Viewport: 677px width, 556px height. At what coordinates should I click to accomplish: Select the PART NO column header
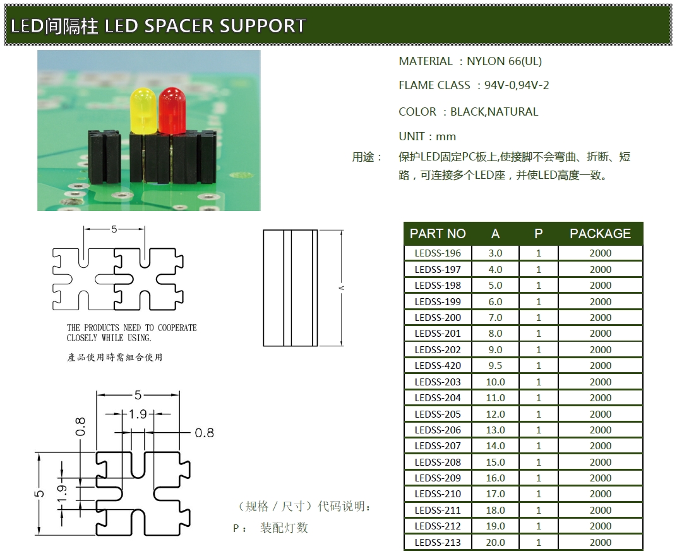[438, 234]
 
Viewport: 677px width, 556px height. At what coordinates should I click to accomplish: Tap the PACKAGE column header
[600, 234]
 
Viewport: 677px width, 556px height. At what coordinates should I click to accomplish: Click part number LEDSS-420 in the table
[438, 365]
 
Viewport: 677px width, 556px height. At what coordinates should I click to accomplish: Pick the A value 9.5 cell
[496, 365]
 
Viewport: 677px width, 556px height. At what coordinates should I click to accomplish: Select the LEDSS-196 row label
[438, 253]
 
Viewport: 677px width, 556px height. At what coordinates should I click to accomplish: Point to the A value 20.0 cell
[496, 542]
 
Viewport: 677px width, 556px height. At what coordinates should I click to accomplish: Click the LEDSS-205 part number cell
[438, 414]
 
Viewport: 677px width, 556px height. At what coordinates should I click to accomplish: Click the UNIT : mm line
[427, 136]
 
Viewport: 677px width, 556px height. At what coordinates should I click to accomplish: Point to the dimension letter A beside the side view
[342, 288]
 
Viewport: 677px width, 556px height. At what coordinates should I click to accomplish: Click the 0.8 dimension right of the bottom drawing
[204, 433]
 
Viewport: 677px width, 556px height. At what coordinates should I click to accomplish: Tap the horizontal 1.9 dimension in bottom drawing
[137, 414]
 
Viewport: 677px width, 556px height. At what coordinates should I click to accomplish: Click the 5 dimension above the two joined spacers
[114, 229]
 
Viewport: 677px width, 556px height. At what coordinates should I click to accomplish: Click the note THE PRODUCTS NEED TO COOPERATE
[131, 328]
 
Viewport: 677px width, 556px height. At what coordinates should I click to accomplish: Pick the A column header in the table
[495, 234]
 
